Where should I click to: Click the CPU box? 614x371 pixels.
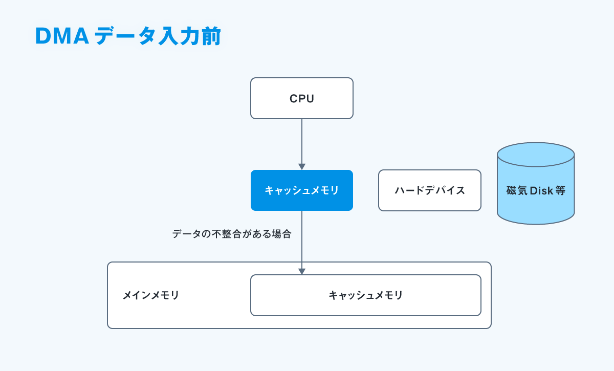[302, 98]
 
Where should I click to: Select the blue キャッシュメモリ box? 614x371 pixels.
[302, 190]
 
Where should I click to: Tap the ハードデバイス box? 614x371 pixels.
[430, 190]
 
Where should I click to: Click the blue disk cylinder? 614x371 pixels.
[536, 183]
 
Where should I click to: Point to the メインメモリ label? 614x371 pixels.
[151, 295]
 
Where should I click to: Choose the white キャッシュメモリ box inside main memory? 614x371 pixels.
[366, 295]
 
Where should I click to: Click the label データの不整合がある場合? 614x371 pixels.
[232, 234]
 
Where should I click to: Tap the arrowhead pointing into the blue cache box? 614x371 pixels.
[302, 167]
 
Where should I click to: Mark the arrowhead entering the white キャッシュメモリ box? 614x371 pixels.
[302, 271]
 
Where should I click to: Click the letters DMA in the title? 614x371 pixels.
[62, 36]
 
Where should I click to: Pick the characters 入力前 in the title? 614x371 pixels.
[190, 36]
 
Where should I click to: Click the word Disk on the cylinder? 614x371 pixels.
[541, 190]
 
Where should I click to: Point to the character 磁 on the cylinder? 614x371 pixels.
[512, 190]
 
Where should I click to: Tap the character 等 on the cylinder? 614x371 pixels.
[560, 190]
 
